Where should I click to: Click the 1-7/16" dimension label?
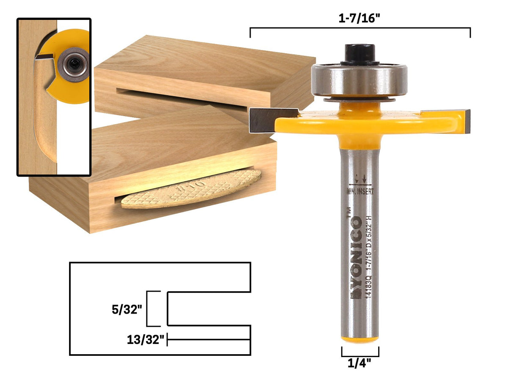coord(359,19)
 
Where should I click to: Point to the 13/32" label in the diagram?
coord(145,339)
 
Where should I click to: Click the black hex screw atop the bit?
coord(359,54)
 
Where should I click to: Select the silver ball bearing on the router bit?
coord(359,80)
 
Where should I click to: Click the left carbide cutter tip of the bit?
coord(263,120)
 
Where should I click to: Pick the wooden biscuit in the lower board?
coord(191,189)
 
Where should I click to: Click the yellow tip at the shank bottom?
coord(360,339)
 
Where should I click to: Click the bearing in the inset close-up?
coord(73,64)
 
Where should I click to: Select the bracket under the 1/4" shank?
coord(360,352)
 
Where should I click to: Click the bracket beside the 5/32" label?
coord(153,309)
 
